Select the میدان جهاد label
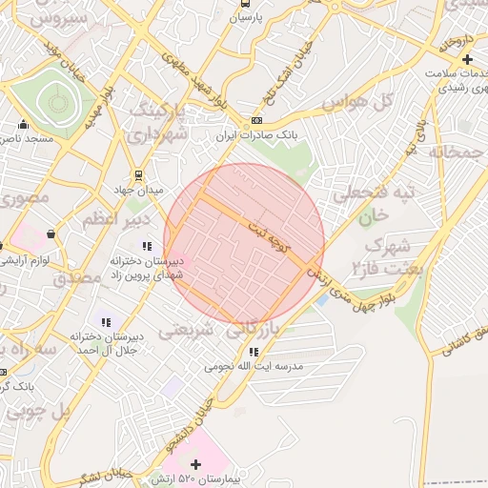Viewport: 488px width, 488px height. coord(138,188)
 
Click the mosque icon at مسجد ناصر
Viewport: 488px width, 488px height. coord(24,124)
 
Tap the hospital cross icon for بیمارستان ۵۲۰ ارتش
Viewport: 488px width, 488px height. coord(195,463)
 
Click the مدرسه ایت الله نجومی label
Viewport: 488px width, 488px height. coord(253,366)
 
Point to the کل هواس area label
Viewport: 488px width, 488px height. coord(357,101)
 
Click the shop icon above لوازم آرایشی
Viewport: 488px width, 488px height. coord(50,233)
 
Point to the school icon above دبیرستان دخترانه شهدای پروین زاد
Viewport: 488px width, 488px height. coord(147,247)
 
